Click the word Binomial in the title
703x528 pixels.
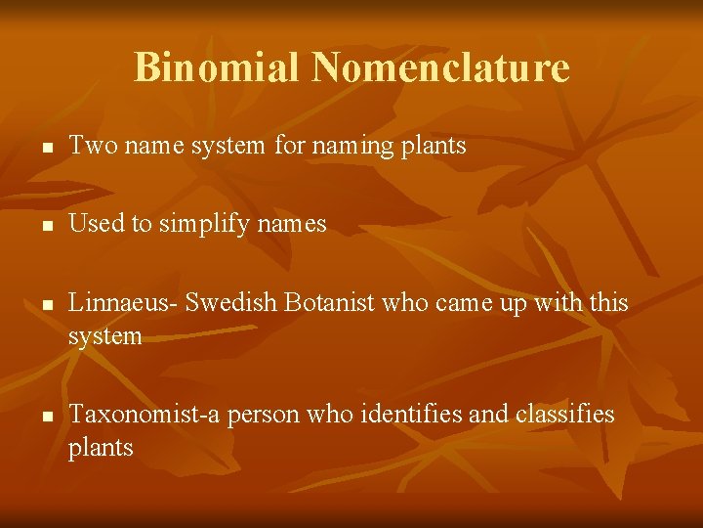(217, 67)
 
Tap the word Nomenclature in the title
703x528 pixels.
(440, 67)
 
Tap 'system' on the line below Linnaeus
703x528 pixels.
(104, 337)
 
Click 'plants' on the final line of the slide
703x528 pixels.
(101, 448)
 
